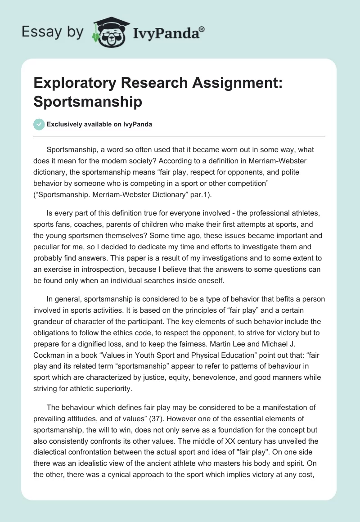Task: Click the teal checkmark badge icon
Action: click(x=39, y=124)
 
